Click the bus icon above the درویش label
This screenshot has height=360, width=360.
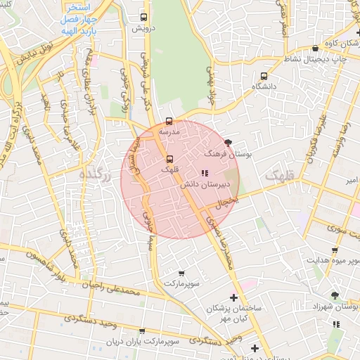pyautogui.click(x=144, y=17)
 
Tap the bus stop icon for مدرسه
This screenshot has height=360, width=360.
pyautogui.click(x=169, y=121)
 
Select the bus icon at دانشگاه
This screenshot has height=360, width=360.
pyautogui.click(x=264, y=76)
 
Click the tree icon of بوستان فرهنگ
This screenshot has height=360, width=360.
pyautogui.click(x=227, y=142)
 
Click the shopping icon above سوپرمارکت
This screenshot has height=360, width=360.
pyautogui.click(x=181, y=273)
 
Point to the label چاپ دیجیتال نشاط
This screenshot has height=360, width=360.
pyautogui.click(x=321, y=59)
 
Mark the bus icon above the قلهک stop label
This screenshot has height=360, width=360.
pyautogui.click(x=168, y=159)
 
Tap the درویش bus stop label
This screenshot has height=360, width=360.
pyautogui.click(x=144, y=29)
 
